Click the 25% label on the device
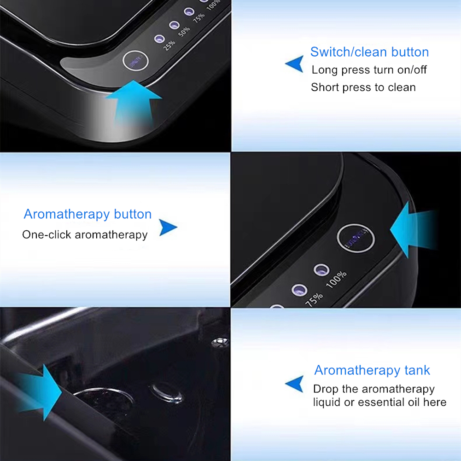169,45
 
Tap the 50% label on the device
184,32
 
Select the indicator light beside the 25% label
159,39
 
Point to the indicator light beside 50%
175,25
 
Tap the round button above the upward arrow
135,61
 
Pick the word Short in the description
325,88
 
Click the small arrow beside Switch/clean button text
295,64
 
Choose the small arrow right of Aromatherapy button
168,227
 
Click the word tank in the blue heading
417,370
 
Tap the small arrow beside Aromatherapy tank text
294,384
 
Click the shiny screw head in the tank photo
220,342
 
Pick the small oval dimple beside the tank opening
166,393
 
